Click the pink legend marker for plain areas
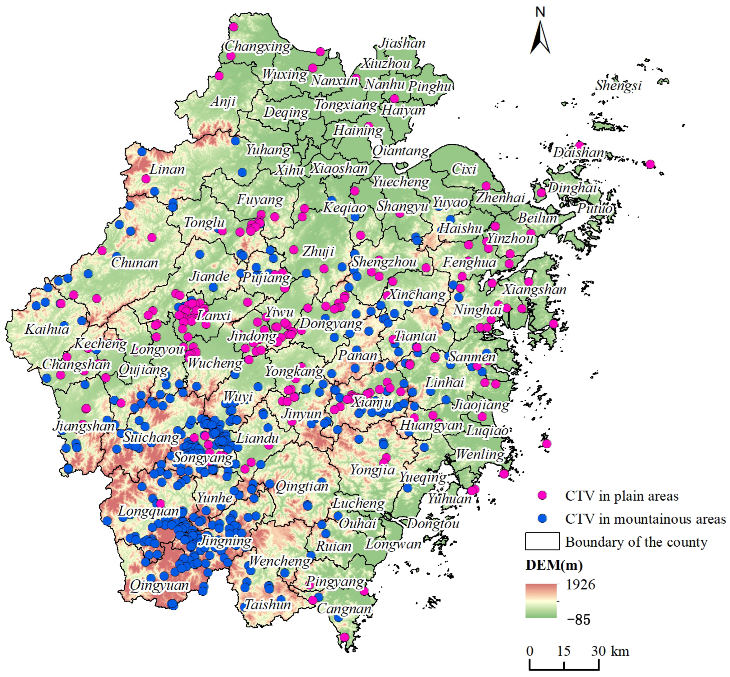(x=542, y=495)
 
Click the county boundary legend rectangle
(x=542, y=541)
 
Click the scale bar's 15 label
(x=563, y=651)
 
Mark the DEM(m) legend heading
(x=554, y=565)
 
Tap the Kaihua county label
(x=47, y=329)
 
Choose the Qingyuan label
(x=159, y=585)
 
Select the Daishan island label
(x=578, y=152)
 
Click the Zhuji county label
(x=318, y=252)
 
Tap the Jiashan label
(x=402, y=43)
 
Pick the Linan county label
(x=167, y=169)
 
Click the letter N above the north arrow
(x=540, y=12)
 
